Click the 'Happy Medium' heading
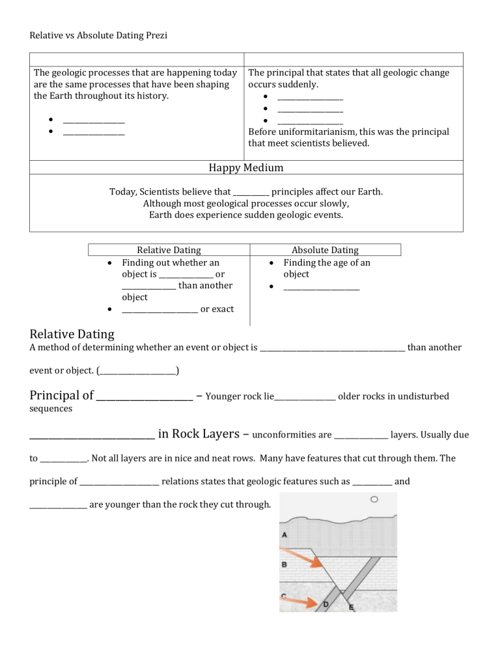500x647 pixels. coord(245,168)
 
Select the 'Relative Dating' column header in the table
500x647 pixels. coord(169,250)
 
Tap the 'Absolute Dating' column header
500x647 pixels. coord(325,250)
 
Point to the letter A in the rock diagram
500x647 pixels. coord(285,534)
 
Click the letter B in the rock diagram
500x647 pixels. coord(285,565)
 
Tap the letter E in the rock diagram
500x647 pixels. coord(351,608)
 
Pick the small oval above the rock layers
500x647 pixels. coord(374,501)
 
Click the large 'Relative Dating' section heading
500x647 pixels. coord(72,334)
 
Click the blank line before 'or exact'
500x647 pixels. coord(160,309)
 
